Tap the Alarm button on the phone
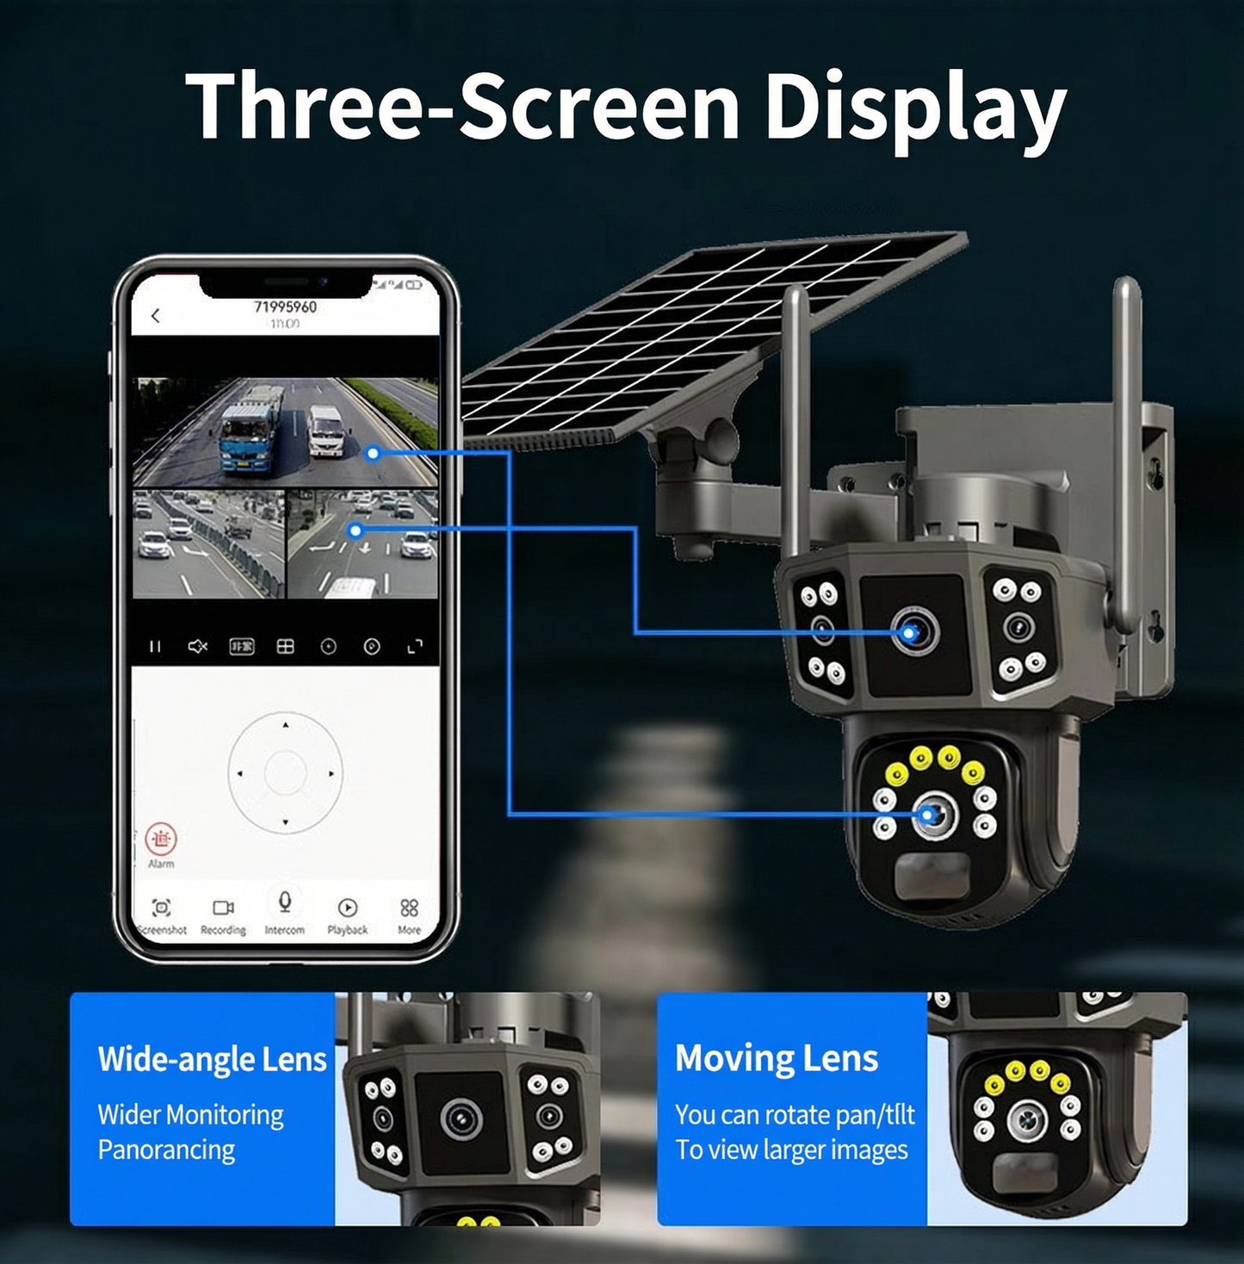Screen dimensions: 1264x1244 161,839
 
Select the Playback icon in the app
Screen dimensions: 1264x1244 348,908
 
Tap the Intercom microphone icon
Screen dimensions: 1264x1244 285,902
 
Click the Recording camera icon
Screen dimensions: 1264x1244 223,908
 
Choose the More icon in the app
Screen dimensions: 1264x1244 409,908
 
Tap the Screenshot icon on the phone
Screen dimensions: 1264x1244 161,908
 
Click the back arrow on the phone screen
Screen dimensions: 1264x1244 156,316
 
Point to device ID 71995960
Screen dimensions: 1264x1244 285,307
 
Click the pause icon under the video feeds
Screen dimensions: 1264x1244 155,646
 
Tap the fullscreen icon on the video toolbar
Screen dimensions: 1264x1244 415,646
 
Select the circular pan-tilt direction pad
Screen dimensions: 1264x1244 285,773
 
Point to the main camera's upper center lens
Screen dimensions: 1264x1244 914,633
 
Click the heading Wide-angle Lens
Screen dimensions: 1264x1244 212,1059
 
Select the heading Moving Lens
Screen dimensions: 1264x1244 777,1058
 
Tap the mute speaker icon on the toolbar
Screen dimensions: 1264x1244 198,646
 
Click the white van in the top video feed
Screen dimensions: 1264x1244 325,431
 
